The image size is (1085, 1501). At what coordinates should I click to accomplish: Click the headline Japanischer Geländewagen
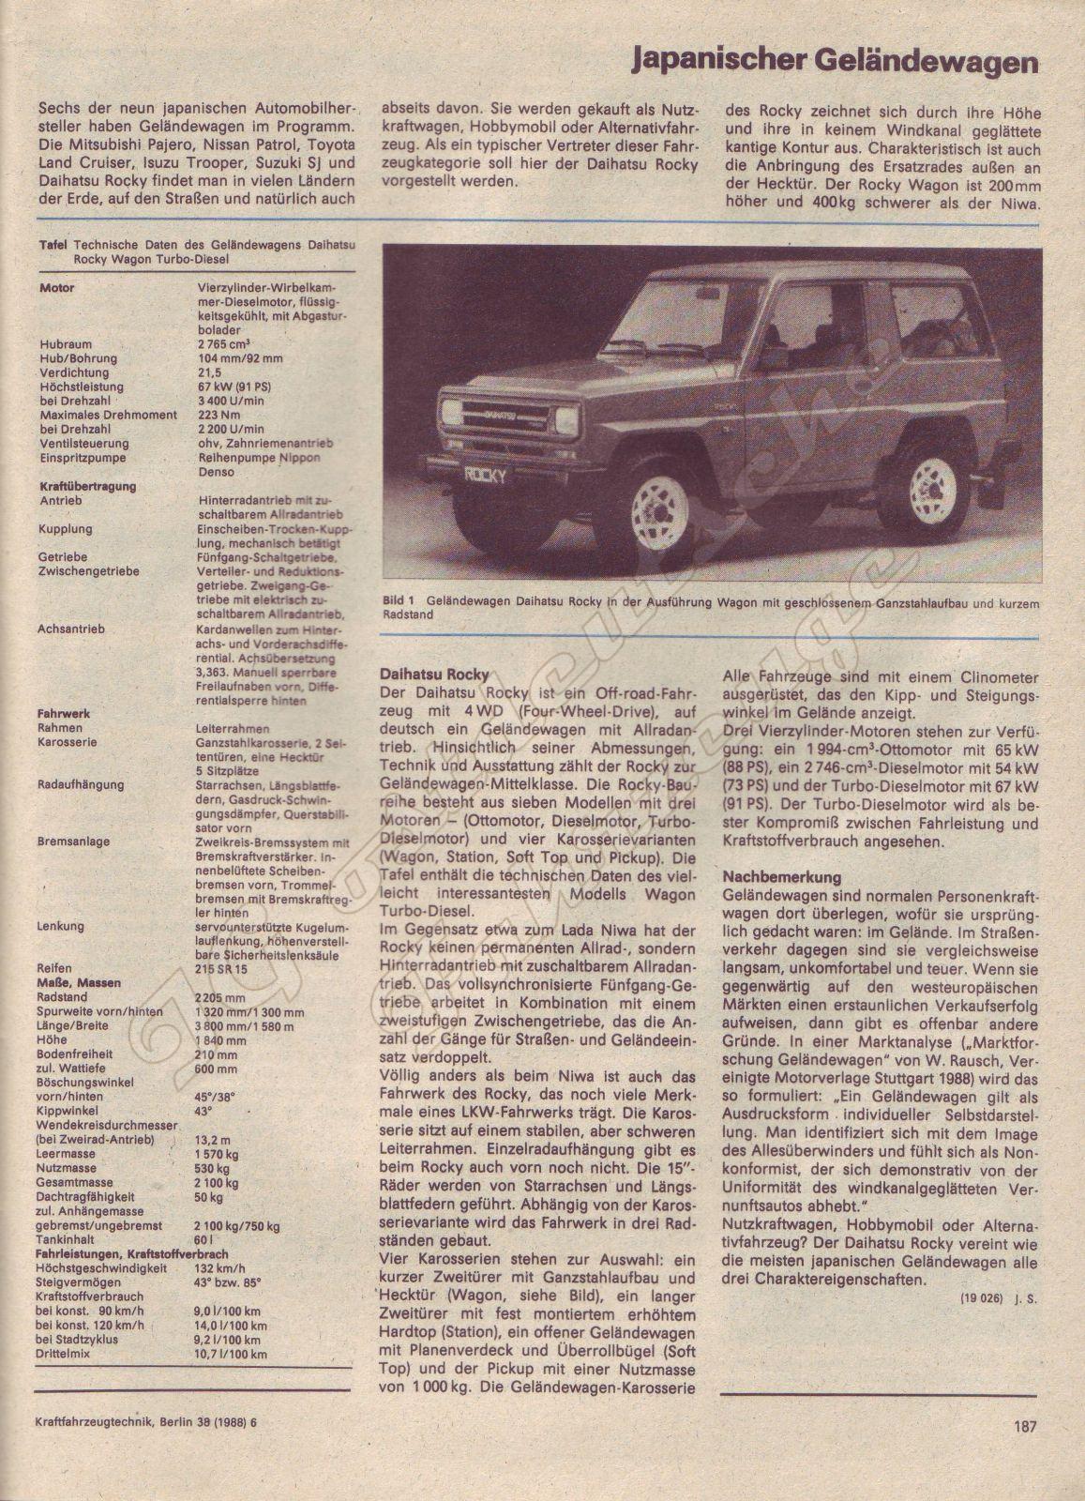[835, 63]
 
